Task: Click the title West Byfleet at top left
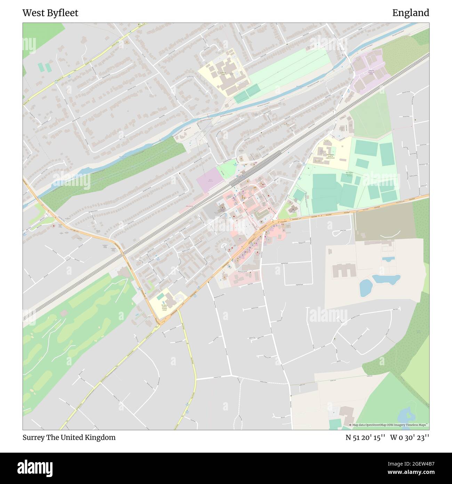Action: (50, 13)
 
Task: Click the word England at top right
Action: (411, 13)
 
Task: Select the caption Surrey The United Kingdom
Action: (69, 437)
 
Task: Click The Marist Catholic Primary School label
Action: (164, 307)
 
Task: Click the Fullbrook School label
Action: (223, 74)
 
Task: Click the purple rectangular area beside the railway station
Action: (210, 179)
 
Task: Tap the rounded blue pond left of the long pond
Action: (365, 288)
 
